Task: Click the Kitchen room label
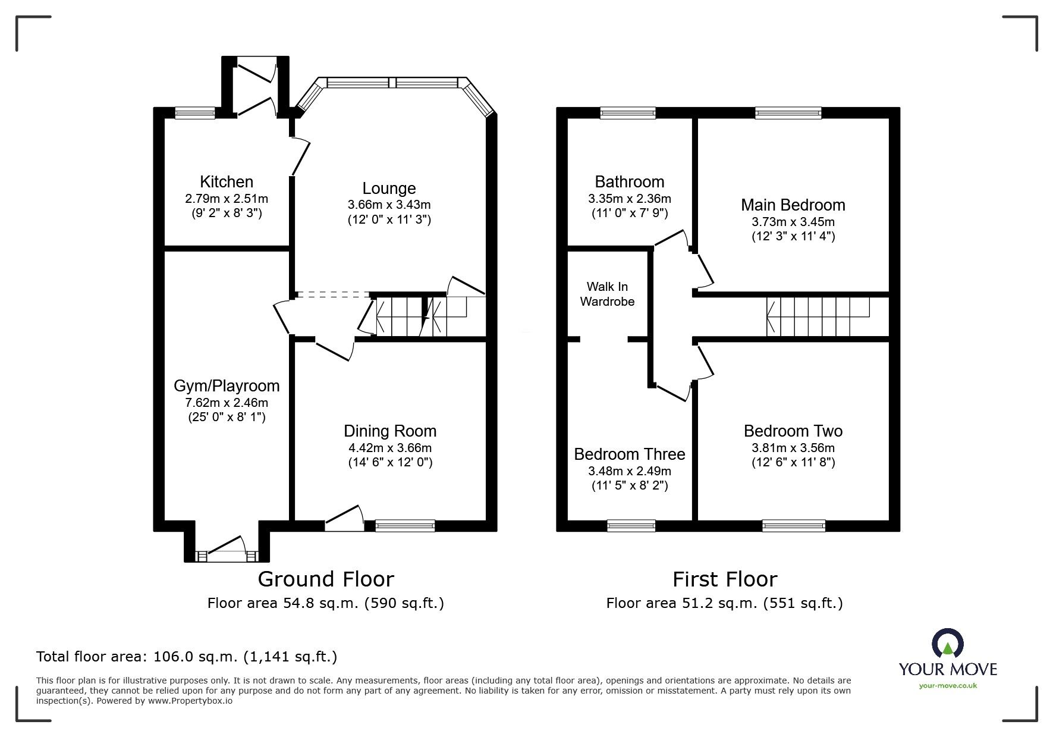(227, 182)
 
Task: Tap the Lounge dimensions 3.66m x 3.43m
(389, 205)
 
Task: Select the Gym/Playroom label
(227, 387)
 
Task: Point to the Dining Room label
(390, 431)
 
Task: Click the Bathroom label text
(630, 182)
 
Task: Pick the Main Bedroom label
(793, 205)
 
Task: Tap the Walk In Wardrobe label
(607, 294)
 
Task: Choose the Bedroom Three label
(630, 454)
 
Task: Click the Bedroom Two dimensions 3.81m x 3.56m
(793, 448)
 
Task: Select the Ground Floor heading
(326, 579)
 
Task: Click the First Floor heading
(725, 579)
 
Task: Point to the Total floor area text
(187, 657)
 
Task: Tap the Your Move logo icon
(947, 643)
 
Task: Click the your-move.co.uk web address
(948, 686)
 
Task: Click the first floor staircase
(818, 316)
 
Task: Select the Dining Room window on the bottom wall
(405, 525)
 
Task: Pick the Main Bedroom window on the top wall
(788, 112)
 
